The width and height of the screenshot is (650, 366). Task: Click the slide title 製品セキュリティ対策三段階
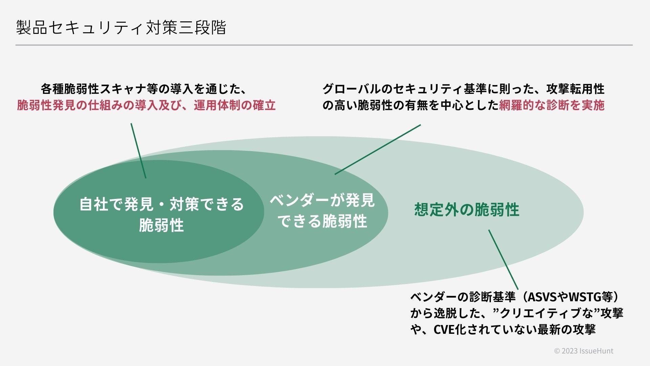click(x=121, y=28)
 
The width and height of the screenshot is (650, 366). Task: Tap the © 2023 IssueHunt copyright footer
click(x=583, y=351)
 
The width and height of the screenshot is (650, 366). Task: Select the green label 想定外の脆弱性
click(x=467, y=210)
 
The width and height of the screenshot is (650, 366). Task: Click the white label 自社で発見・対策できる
click(x=161, y=204)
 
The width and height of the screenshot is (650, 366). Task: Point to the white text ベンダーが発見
click(x=322, y=201)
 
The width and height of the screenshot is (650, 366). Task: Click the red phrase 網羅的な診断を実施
click(x=552, y=105)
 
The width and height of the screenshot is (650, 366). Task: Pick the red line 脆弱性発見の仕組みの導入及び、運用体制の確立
click(x=146, y=105)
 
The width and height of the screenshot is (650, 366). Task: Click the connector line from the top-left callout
click(x=138, y=151)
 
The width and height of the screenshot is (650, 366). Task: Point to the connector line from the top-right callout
click(x=377, y=149)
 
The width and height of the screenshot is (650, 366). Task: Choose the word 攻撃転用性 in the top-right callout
click(x=576, y=89)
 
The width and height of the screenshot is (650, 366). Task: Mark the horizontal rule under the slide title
click(x=324, y=45)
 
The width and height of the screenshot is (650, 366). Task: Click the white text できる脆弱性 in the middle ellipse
click(x=322, y=221)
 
